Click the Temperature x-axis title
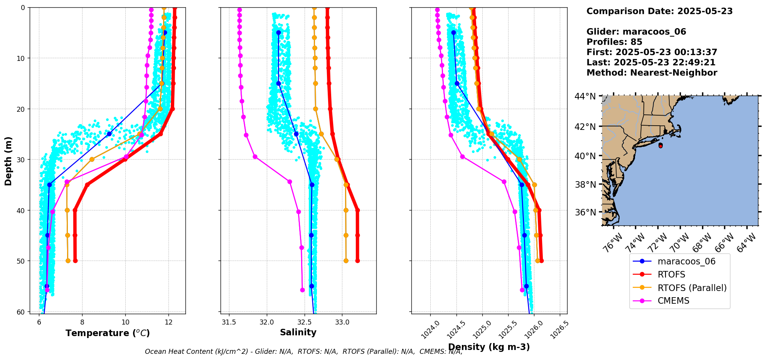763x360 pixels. click(x=108, y=333)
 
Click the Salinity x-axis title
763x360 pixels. click(x=298, y=332)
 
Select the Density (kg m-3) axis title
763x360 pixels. click(x=489, y=347)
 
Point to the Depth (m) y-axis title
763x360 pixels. click(x=8, y=161)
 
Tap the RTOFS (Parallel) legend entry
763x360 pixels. click(x=692, y=288)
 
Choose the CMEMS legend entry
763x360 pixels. click(x=673, y=301)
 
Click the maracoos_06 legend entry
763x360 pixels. click(x=686, y=262)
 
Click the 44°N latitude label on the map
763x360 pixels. click(x=585, y=96)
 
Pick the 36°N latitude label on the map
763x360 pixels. click(x=585, y=212)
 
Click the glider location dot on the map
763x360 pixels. click(x=660, y=145)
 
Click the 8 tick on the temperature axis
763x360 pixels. click(x=82, y=321)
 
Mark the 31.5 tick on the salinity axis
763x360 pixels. click(x=229, y=321)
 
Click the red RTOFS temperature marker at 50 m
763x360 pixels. click(x=75, y=261)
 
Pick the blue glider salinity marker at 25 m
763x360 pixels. click(x=296, y=134)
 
